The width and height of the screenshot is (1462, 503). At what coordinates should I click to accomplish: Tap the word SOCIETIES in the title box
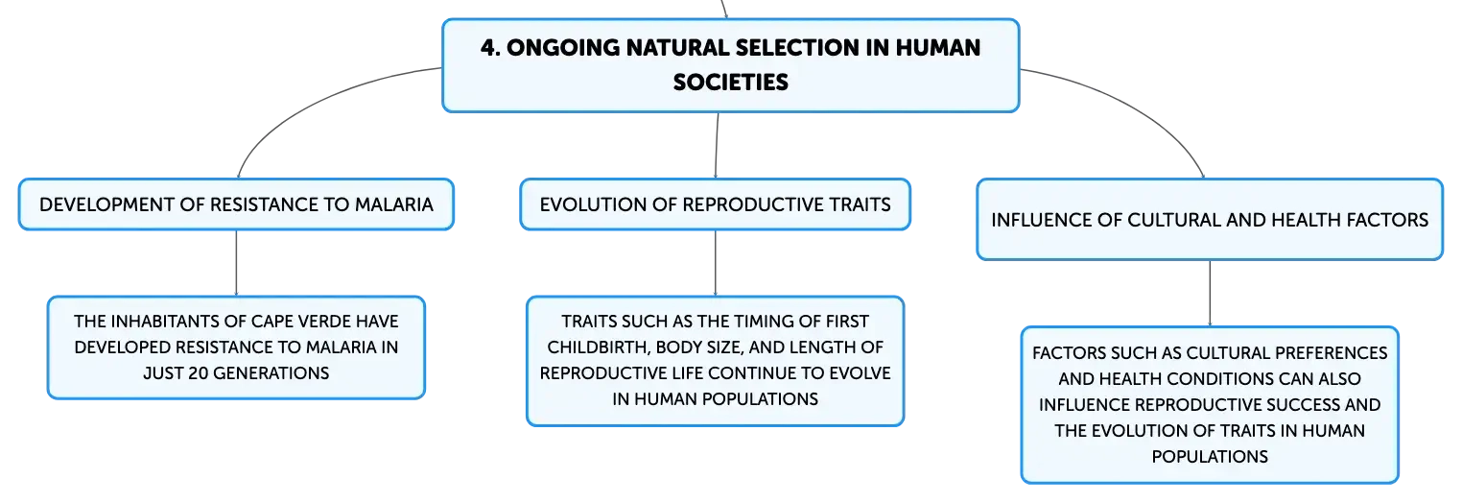coord(730,83)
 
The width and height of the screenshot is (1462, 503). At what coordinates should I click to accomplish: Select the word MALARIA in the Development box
coord(393,204)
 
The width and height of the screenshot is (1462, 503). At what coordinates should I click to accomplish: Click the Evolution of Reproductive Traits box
coord(716,204)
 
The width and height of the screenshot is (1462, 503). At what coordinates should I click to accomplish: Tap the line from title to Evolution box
coord(717,145)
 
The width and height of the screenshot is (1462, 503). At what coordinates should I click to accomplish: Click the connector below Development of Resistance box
coord(236,263)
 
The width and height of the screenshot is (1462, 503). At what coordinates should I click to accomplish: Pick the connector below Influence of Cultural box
coord(1210,294)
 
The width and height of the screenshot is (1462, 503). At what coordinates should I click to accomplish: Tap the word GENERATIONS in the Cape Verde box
coord(271,373)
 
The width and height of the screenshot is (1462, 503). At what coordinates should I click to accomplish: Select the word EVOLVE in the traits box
coord(859,373)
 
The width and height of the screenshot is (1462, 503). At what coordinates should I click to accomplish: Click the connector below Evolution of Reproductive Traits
coord(716,263)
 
